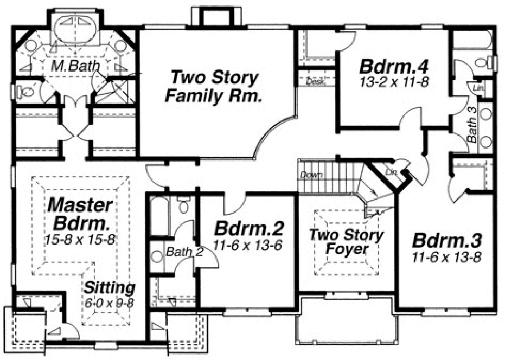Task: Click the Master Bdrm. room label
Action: [x=80, y=214]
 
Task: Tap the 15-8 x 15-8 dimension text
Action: [x=80, y=239]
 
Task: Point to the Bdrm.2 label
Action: [x=248, y=227]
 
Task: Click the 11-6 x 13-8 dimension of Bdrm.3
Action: [x=446, y=257]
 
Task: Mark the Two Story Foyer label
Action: [x=347, y=242]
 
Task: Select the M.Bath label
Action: [x=76, y=66]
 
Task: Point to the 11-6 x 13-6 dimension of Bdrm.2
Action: [x=248, y=245]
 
